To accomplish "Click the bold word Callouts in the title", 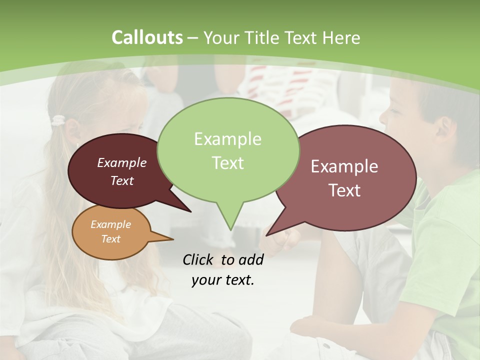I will click(147, 37).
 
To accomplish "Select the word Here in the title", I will click(342, 38).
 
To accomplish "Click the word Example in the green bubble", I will click(227, 138).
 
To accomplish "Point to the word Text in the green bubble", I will click(227, 163).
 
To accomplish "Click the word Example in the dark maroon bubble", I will click(121, 162).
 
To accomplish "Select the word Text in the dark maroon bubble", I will click(121, 181).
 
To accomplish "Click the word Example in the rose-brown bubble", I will click(344, 166).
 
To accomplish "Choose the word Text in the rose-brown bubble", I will click(344, 190).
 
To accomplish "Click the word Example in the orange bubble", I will click(110, 224).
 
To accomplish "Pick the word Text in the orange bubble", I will click(110, 239).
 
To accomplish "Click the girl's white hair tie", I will click(59, 120).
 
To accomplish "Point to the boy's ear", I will click(442, 131).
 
